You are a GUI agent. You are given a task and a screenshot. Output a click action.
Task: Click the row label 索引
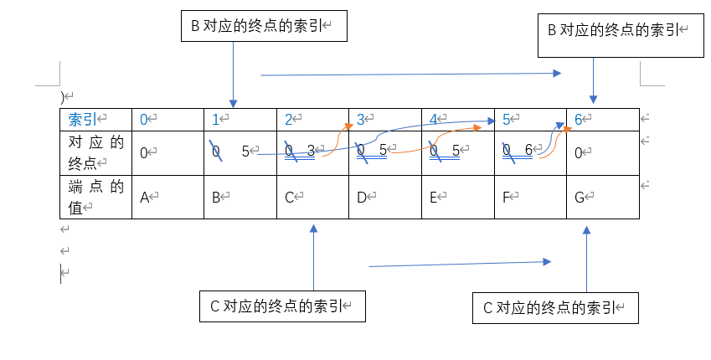83,120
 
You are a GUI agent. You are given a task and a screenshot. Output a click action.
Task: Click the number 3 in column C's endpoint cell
310,151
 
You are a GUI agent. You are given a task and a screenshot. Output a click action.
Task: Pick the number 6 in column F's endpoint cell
528,151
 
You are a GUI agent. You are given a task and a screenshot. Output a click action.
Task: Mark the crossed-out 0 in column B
215,152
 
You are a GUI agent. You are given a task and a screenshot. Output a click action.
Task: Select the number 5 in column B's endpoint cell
245,152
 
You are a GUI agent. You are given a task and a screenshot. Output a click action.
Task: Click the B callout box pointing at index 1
264,27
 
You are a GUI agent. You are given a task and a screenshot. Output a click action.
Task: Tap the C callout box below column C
283,306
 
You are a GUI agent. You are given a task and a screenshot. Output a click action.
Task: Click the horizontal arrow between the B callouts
410,75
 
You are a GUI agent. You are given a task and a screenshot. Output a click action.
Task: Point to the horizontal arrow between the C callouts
460,265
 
